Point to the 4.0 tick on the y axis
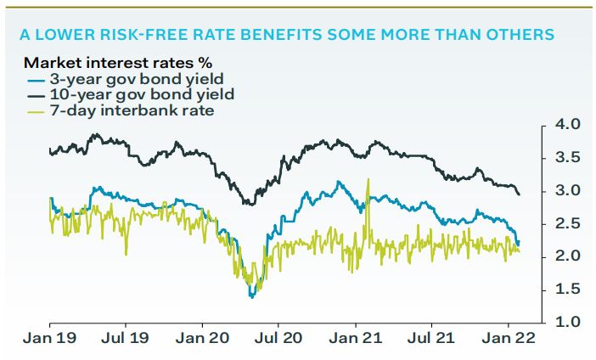[566, 125]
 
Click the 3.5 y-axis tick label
[566, 158]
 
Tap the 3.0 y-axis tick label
[566, 190]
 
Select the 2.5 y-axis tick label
[566, 223]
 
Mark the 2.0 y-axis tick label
[566, 256]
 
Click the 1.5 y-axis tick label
[566, 290]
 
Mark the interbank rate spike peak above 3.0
[368, 179]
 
